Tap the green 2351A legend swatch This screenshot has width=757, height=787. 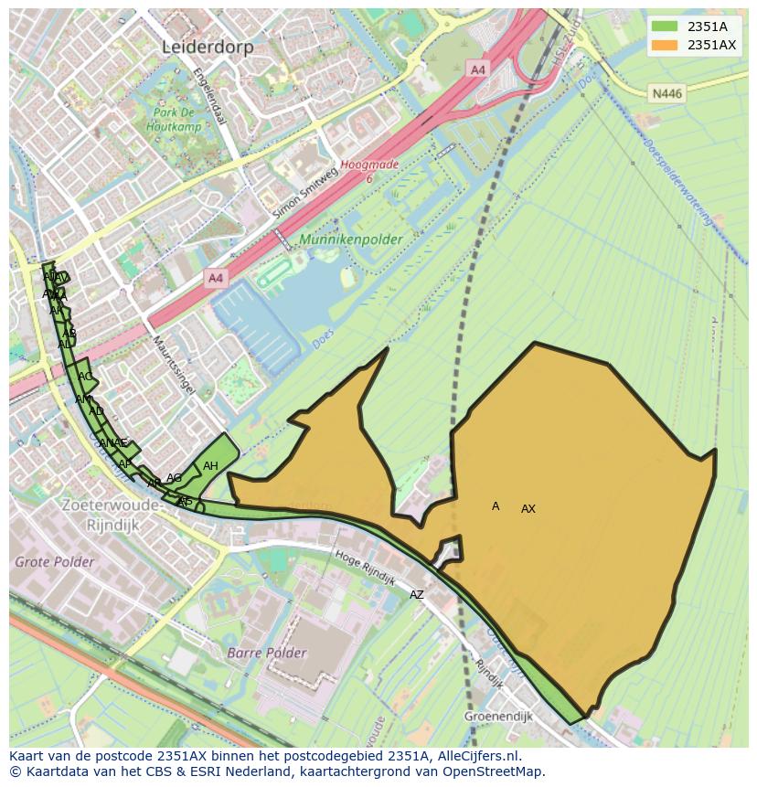(665, 27)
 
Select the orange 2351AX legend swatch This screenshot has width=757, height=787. (665, 45)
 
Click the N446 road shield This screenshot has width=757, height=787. (666, 93)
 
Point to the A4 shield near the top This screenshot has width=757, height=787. (477, 69)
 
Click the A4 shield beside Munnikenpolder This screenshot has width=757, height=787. (215, 278)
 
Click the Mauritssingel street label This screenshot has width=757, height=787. (173, 364)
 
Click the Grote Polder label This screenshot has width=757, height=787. (54, 561)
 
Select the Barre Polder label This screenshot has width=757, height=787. (267, 653)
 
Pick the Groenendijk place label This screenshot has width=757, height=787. (497, 717)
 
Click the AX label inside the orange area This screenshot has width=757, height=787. (528, 509)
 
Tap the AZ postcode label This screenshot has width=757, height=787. (417, 595)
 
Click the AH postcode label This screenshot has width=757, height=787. (210, 466)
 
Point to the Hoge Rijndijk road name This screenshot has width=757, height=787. (365, 568)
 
